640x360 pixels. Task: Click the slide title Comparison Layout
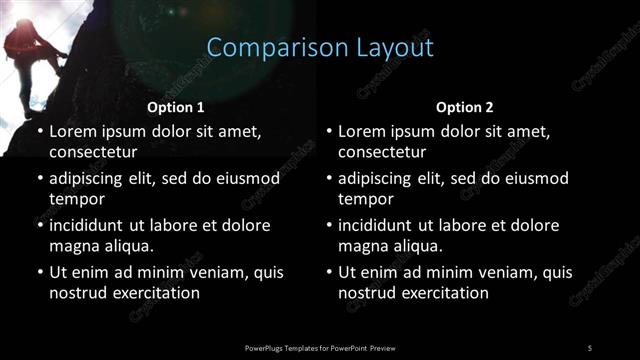[320, 47]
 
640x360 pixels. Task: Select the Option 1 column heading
[176, 106]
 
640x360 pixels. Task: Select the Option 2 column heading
[465, 106]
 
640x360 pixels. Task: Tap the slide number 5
[590, 347]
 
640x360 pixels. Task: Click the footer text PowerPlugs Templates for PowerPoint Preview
[320, 347]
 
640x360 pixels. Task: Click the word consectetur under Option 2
[382, 152]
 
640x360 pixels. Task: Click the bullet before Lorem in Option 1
[38, 131]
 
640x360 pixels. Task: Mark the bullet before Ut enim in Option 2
[328, 272]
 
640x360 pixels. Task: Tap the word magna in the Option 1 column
[72, 245]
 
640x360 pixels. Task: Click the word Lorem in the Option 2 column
[363, 131]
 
